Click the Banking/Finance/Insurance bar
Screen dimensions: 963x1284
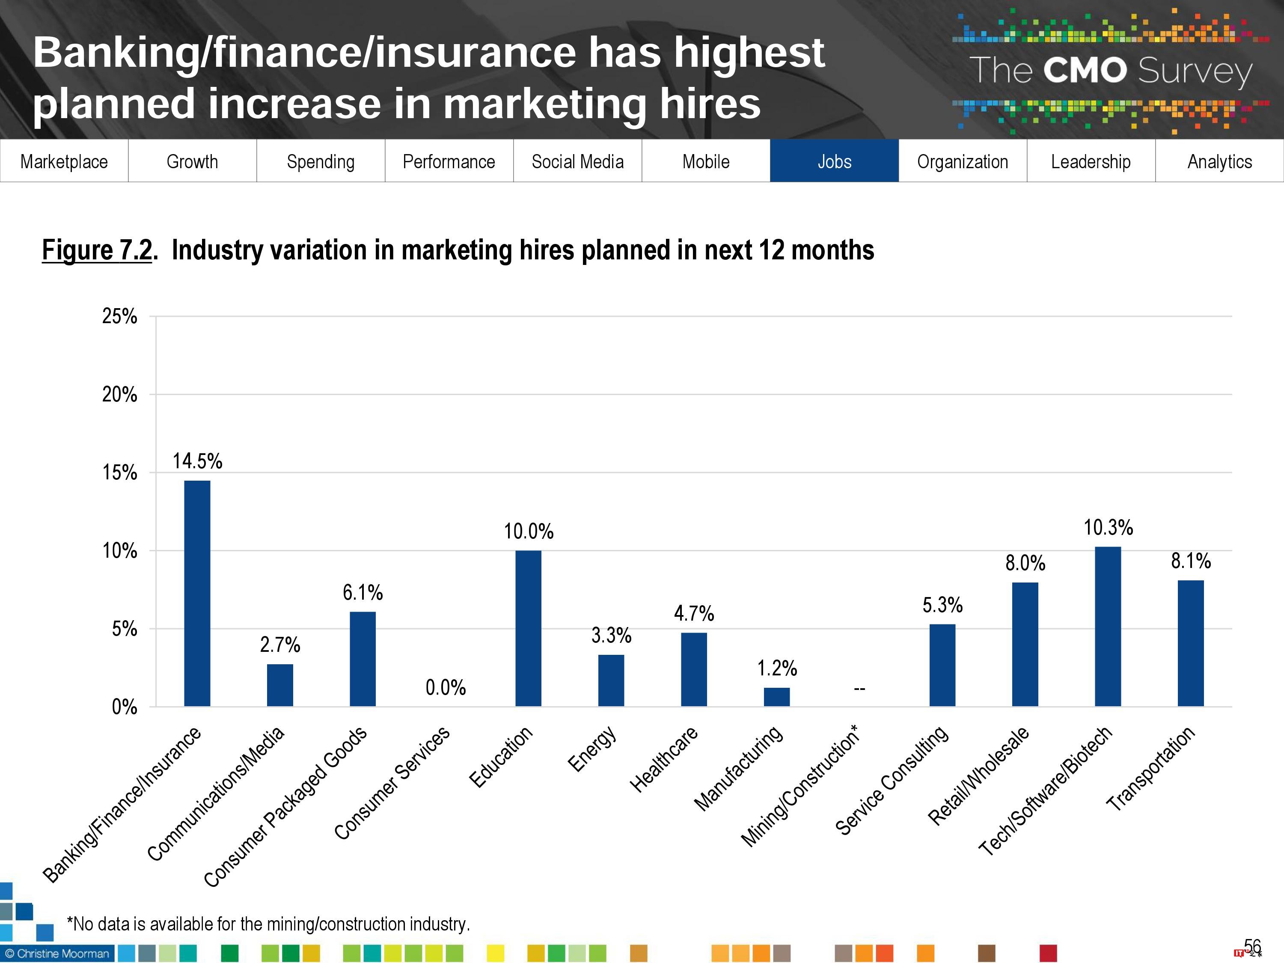[x=197, y=593]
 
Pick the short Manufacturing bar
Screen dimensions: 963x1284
[x=777, y=696]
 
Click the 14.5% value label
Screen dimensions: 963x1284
[x=197, y=461]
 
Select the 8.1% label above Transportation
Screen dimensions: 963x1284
[x=1191, y=561]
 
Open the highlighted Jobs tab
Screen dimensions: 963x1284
[x=834, y=161]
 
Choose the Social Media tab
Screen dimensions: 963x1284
[x=577, y=161]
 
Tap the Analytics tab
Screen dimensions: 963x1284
[x=1219, y=161]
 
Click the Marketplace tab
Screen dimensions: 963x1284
[x=64, y=161]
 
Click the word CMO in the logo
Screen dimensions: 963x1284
[x=1085, y=71]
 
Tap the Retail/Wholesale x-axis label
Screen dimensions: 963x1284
[x=979, y=776]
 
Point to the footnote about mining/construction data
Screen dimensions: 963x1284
[x=268, y=924]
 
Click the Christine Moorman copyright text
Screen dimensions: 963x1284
[x=57, y=954]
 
